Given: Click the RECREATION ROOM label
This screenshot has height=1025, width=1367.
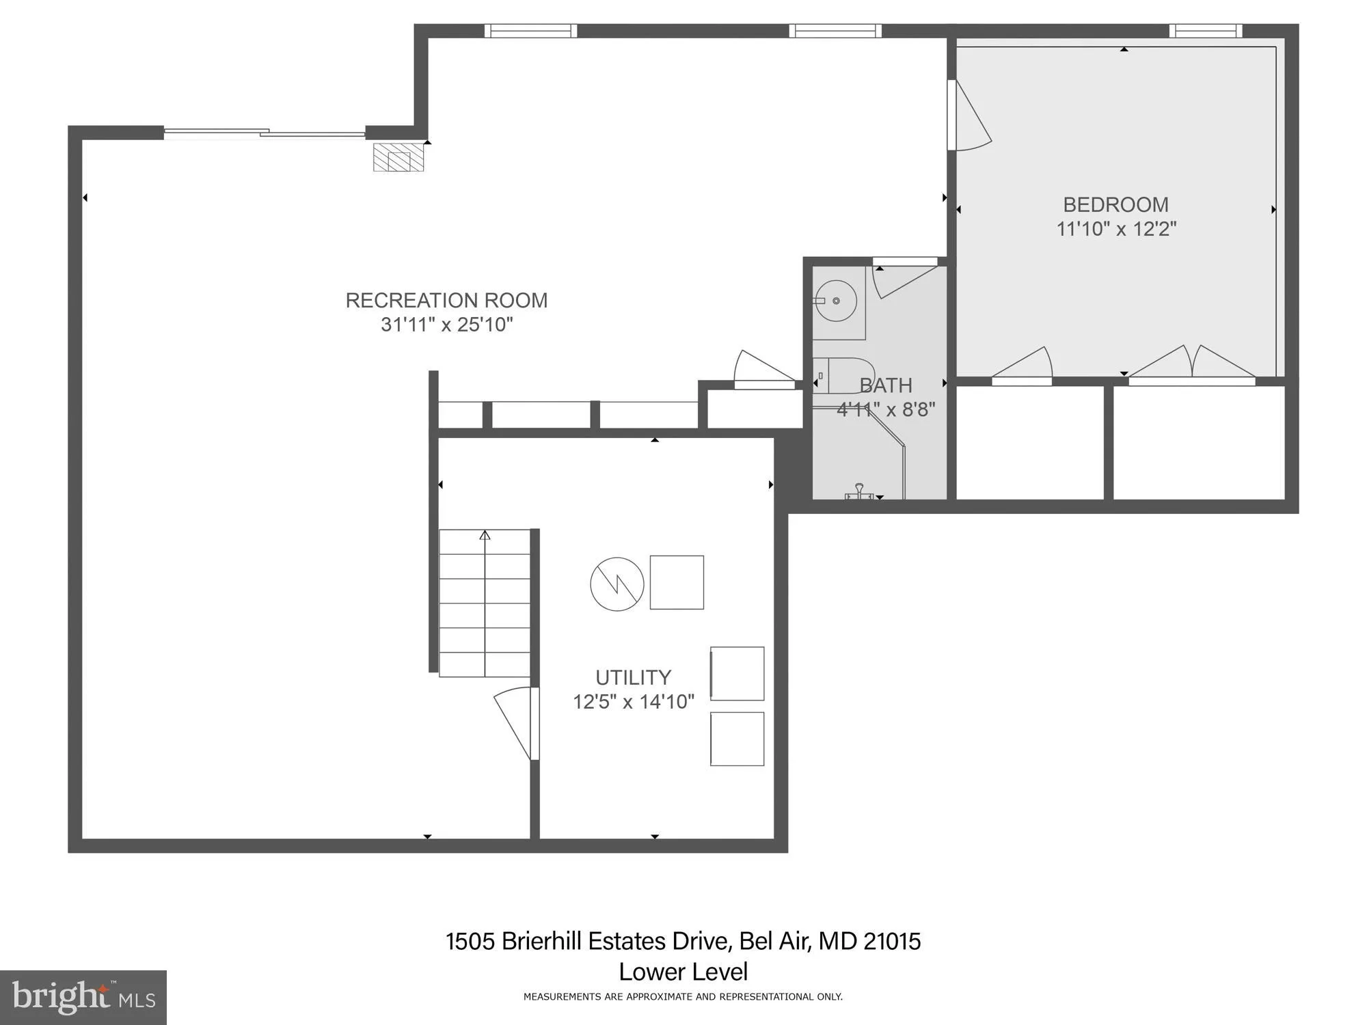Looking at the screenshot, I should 446,301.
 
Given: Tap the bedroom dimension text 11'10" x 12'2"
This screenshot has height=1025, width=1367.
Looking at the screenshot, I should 1116,229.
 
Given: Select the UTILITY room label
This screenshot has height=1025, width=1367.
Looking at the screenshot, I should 633,678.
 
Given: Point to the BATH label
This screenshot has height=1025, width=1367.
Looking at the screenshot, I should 886,385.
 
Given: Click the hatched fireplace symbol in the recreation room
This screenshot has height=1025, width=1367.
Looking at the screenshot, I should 398,157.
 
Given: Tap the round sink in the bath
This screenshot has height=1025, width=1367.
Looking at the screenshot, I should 836,301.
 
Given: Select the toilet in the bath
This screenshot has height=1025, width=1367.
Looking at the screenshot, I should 843,376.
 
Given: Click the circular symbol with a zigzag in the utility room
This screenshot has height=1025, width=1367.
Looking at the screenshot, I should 617,584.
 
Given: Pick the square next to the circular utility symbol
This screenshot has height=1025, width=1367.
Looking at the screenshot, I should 677,582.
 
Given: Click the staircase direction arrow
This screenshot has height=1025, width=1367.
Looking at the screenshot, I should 485,535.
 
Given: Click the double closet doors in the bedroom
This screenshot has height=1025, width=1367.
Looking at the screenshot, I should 1192,364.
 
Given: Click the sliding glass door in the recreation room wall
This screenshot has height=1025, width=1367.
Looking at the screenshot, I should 265,133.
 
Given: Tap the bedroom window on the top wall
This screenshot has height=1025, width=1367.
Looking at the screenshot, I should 1206,31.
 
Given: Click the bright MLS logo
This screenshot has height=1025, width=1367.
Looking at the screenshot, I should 83,998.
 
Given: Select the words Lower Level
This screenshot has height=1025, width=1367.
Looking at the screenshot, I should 683,972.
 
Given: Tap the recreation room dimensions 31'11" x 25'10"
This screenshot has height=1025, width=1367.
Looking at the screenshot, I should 446,325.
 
